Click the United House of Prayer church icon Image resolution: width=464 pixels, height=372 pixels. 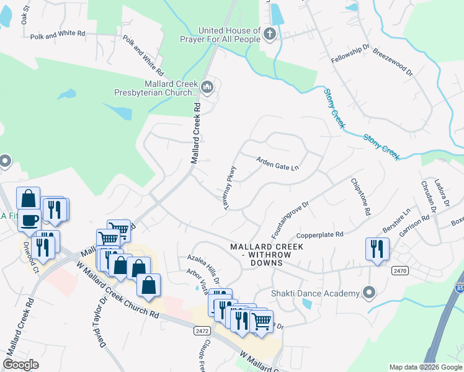[269, 35]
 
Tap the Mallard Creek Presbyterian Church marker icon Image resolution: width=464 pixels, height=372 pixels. [208, 87]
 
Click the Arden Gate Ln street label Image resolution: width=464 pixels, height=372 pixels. [277, 163]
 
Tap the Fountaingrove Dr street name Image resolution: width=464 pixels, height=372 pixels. [290, 219]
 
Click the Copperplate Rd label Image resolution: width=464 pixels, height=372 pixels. [320, 235]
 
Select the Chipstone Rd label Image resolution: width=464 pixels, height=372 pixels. [360, 197]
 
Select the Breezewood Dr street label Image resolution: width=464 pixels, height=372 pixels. [393, 63]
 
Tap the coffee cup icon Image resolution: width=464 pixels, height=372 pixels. [29, 220]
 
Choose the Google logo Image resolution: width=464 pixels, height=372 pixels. [20, 365]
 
